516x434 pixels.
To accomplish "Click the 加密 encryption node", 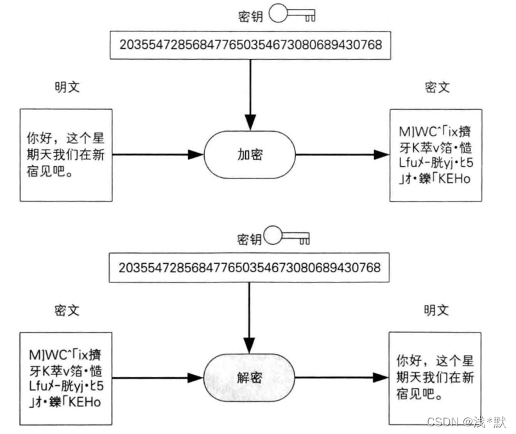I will (x=250, y=155).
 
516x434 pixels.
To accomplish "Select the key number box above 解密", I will (x=250, y=266).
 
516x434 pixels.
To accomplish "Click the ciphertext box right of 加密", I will (x=434, y=156).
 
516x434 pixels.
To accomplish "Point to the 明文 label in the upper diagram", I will (x=67, y=87).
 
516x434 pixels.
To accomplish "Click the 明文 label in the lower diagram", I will (x=436, y=310).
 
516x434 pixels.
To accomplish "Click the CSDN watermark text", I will (x=465, y=421).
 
